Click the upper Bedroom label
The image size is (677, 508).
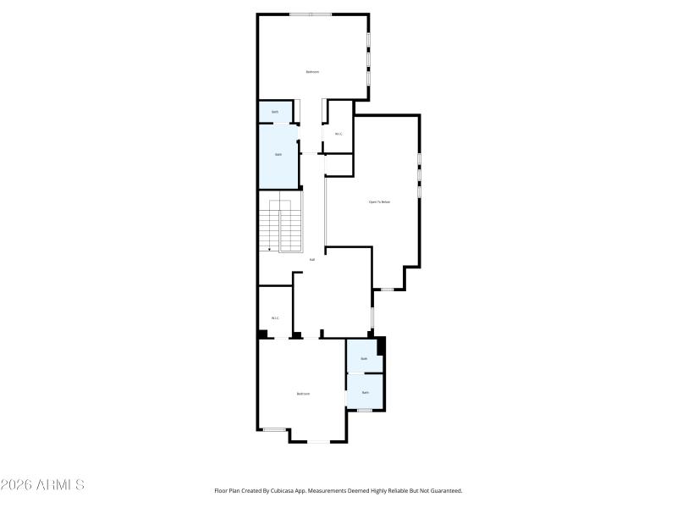(x=312, y=72)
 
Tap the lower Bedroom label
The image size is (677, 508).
(x=303, y=394)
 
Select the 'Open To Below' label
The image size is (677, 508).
(x=379, y=202)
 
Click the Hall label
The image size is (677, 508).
(x=312, y=259)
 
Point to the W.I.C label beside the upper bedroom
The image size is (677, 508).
(x=338, y=134)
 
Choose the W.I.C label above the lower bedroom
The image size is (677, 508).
(x=275, y=318)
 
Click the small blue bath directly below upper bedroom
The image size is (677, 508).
(x=275, y=112)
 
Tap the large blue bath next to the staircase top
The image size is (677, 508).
(x=278, y=154)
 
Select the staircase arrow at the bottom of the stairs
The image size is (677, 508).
(x=269, y=249)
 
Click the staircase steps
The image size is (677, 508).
(x=280, y=224)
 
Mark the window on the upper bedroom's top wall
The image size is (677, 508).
(x=311, y=14)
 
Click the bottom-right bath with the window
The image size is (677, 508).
(x=366, y=393)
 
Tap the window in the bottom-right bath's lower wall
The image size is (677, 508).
(x=365, y=411)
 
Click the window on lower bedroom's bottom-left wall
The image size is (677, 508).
(x=274, y=429)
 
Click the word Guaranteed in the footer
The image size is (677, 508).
(x=443, y=490)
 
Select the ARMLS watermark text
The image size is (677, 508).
(x=42, y=485)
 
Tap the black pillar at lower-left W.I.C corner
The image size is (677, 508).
(x=263, y=334)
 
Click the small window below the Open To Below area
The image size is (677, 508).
(x=386, y=290)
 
